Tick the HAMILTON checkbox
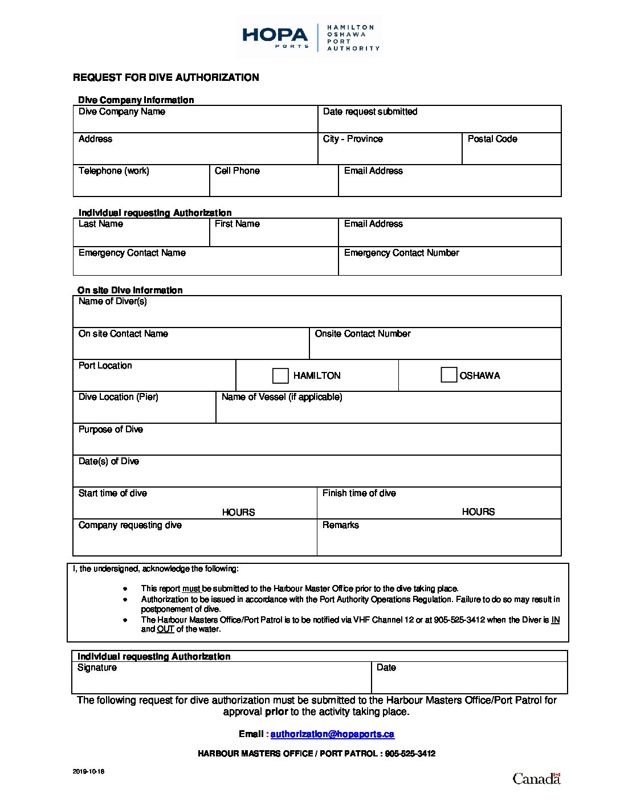pyautogui.click(x=280, y=376)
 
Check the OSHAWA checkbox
pyautogui.click(x=448, y=375)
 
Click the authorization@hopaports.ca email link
pyautogui.click(x=332, y=734)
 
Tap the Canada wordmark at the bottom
pyautogui.click(x=536, y=779)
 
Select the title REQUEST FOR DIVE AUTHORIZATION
pyautogui.click(x=166, y=77)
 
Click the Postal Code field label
pyautogui.click(x=492, y=139)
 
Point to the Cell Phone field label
pyautogui.click(x=237, y=171)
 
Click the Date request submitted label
pyautogui.click(x=370, y=112)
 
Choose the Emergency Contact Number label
pyautogui.click(x=401, y=253)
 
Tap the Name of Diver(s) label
pyautogui.click(x=113, y=301)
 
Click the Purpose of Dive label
pyautogui.click(x=111, y=429)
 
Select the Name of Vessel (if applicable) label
pyautogui.click(x=282, y=397)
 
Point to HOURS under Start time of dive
pyautogui.click(x=238, y=512)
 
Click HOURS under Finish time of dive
pyautogui.click(x=478, y=512)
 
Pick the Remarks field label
pyautogui.click(x=341, y=525)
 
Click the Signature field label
pyautogui.click(x=97, y=668)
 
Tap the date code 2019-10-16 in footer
pyautogui.click(x=88, y=772)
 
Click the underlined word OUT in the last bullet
pyautogui.click(x=165, y=629)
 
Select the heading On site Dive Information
pyautogui.click(x=130, y=290)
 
